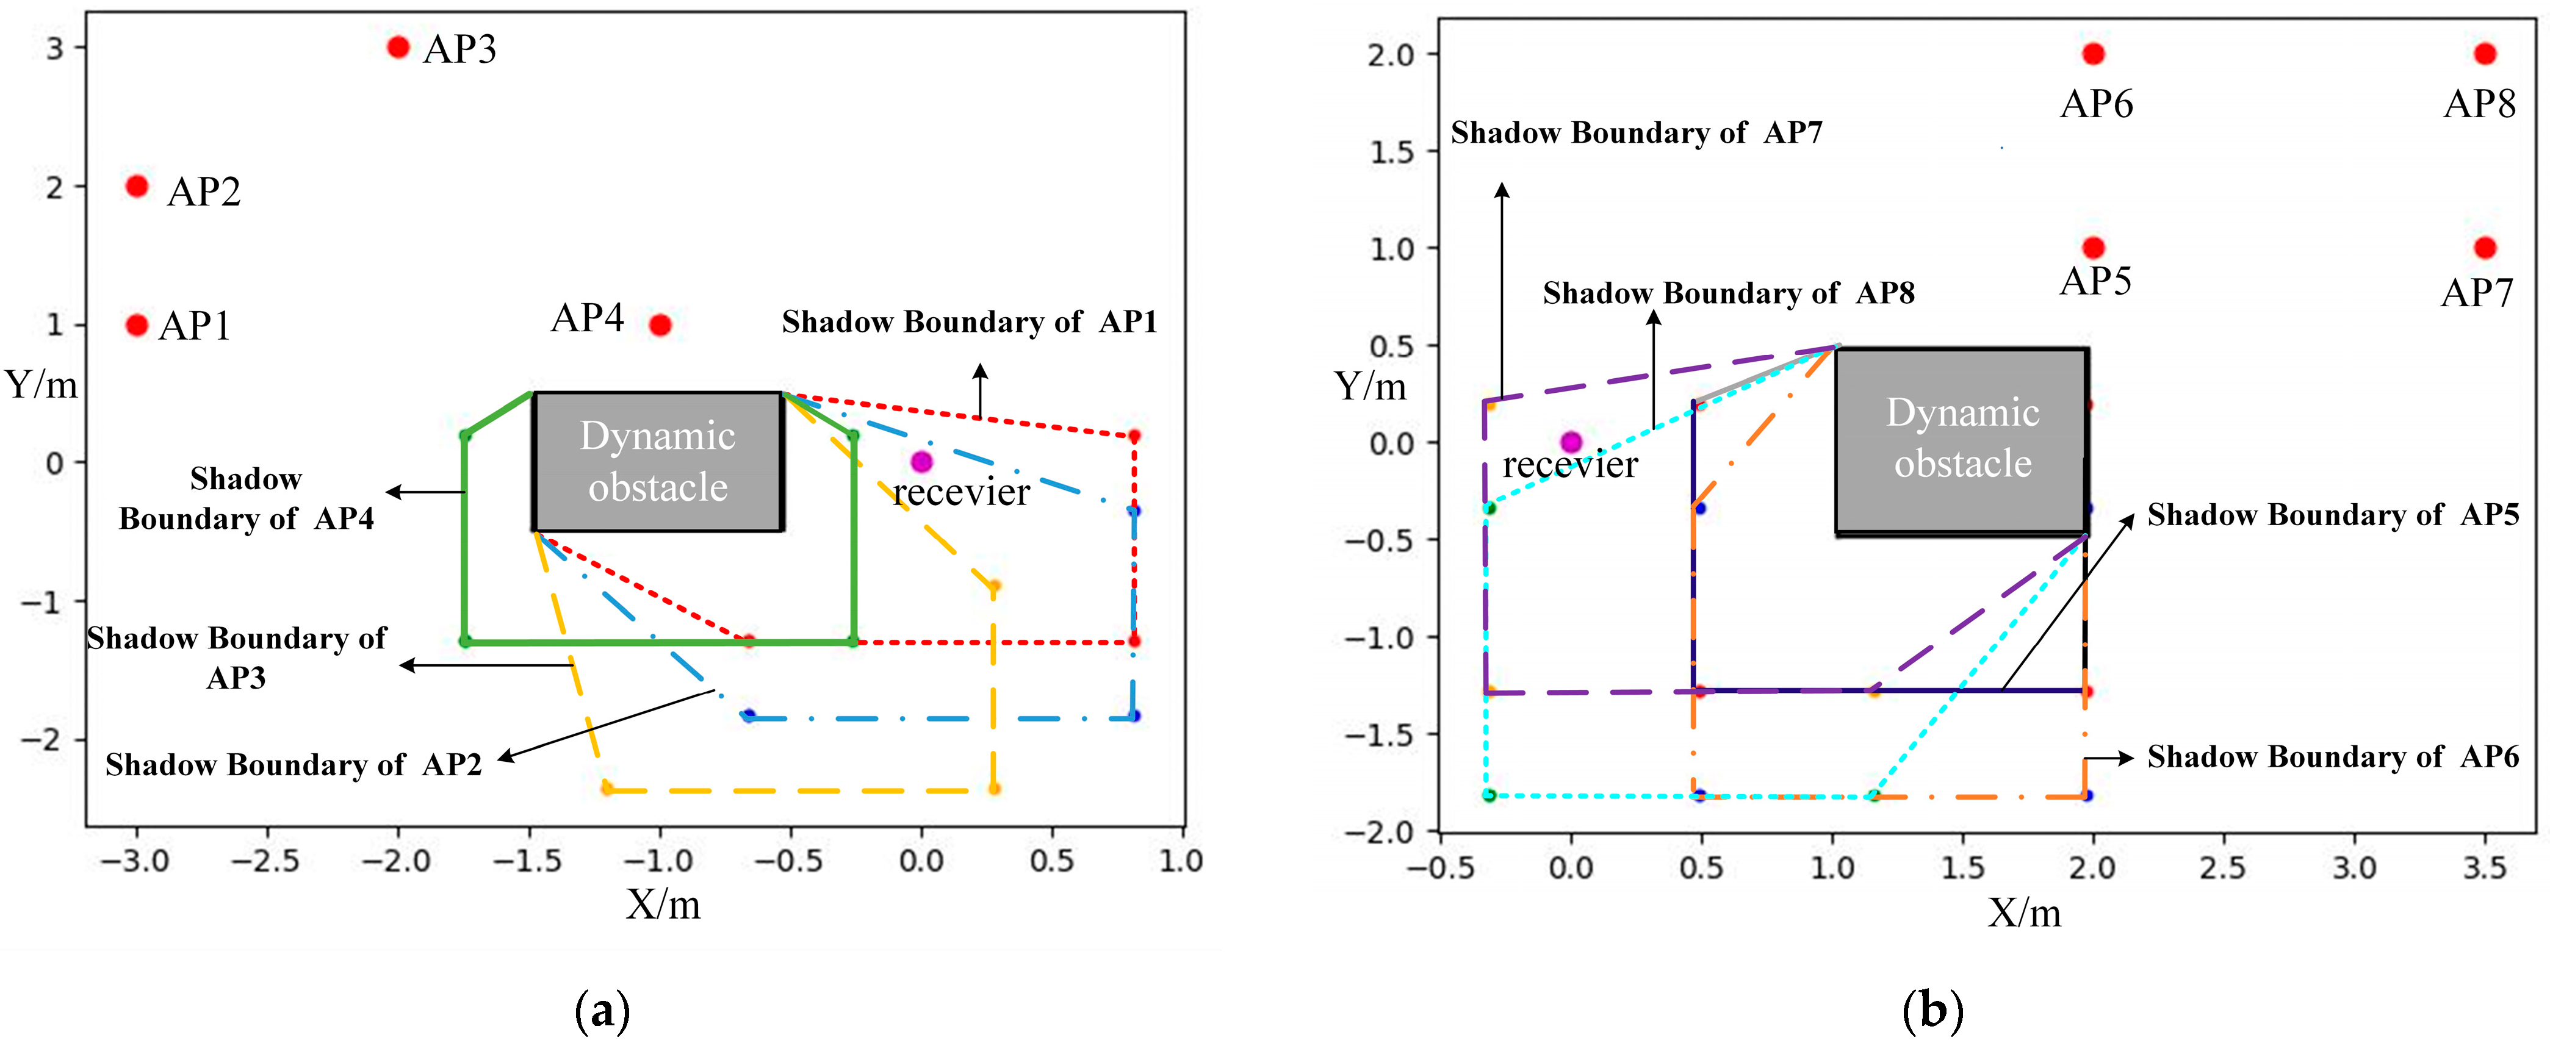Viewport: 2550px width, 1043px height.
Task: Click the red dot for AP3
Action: click(x=398, y=46)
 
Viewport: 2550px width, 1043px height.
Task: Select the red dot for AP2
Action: click(x=137, y=186)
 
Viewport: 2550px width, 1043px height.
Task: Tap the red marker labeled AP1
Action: click(x=137, y=324)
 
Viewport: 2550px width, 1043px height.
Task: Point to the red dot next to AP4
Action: click(x=660, y=324)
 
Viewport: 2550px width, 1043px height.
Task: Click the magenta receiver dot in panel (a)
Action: click(x=921, y=461)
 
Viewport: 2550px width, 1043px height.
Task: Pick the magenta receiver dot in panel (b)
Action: click(x=1571, y=442)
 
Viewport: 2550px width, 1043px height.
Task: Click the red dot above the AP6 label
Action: click(x=2093, y=54)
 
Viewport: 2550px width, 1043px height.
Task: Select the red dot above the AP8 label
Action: click(x=2485, y=54)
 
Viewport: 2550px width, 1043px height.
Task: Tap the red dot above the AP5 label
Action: click(x=2093, y=248)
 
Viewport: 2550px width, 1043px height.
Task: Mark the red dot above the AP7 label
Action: click(x=2485, y=248)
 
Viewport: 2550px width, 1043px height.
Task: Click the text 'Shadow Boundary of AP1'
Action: click(x=969, y=323)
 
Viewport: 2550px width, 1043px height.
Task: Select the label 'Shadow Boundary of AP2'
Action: click(x=294, y=765)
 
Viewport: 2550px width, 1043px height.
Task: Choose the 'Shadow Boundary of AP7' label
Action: click(x=1637, y=132)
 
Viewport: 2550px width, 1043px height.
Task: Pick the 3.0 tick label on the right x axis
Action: click(x=2354, y=868)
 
